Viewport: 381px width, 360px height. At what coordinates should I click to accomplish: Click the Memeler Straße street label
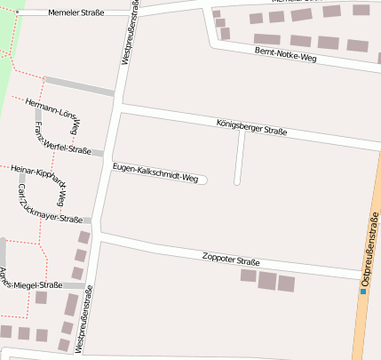(x=76, y=13)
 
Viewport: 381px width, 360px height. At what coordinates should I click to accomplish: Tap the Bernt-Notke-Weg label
(x=285, y=55)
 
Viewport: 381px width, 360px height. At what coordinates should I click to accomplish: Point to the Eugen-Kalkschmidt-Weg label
(x=155, y=172)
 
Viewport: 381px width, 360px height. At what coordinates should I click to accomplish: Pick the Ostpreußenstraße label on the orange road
(x=369, y=250)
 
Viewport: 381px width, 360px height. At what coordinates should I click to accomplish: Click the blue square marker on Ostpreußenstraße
(x=363, y=291)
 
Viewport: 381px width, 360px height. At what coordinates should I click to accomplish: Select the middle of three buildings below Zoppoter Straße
(x=266, y=281)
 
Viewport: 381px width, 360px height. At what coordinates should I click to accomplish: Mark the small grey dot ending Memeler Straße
(x=17, y=12)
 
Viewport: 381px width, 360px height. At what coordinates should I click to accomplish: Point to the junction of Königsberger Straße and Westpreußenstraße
(x=118, y=105)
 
